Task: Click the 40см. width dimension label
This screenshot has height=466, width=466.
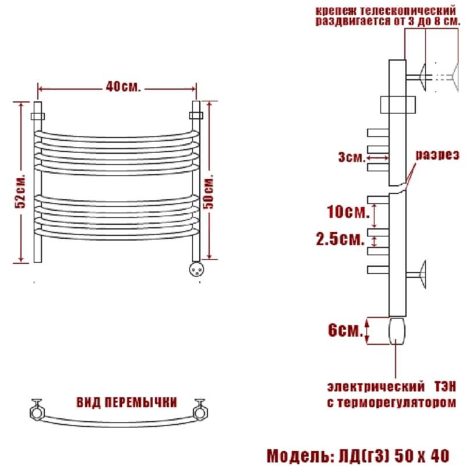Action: pyautogui.click(x=123, y=87)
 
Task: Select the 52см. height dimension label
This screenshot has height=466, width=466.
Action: pyautogui.click(x=20, y=190)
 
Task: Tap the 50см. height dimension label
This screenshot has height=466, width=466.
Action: pyautogui.click(x=209, y=192)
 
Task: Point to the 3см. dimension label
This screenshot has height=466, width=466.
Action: pyautogui.click(x=352, y=157)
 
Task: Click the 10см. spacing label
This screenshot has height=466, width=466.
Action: pyautogui.click(x=348, y=212)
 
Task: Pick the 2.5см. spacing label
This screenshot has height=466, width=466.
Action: pyautogui.click(x=340, y=239)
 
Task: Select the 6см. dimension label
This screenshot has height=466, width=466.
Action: pyautogui.click(x=345, y=330)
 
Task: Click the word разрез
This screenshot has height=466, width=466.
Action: pyautogui.click(x=437, y=155)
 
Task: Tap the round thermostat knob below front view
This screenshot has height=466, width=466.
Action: pyautogui.click(x=197, y=269)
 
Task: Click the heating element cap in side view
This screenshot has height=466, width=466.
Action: pyautogui.click(x=397, y=331)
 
